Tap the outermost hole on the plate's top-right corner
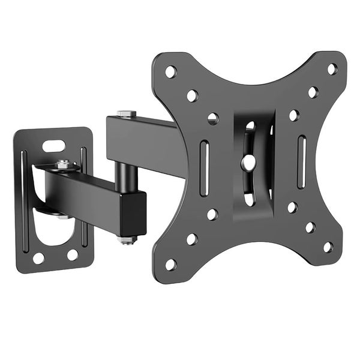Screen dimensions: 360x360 (332, 69)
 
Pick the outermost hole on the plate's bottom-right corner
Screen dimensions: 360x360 (328, 247)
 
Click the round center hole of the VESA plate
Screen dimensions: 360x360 (248, 162)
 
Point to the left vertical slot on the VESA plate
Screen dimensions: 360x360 (205, 161)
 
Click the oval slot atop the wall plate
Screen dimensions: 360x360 (54, 145)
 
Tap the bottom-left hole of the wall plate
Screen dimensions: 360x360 (38, 259)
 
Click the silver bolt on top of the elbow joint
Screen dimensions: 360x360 (127, 114)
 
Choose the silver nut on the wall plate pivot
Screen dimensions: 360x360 (62, 164)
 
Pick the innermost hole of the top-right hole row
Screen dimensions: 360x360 (294, 115)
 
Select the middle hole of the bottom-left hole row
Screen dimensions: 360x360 (192, 239)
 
